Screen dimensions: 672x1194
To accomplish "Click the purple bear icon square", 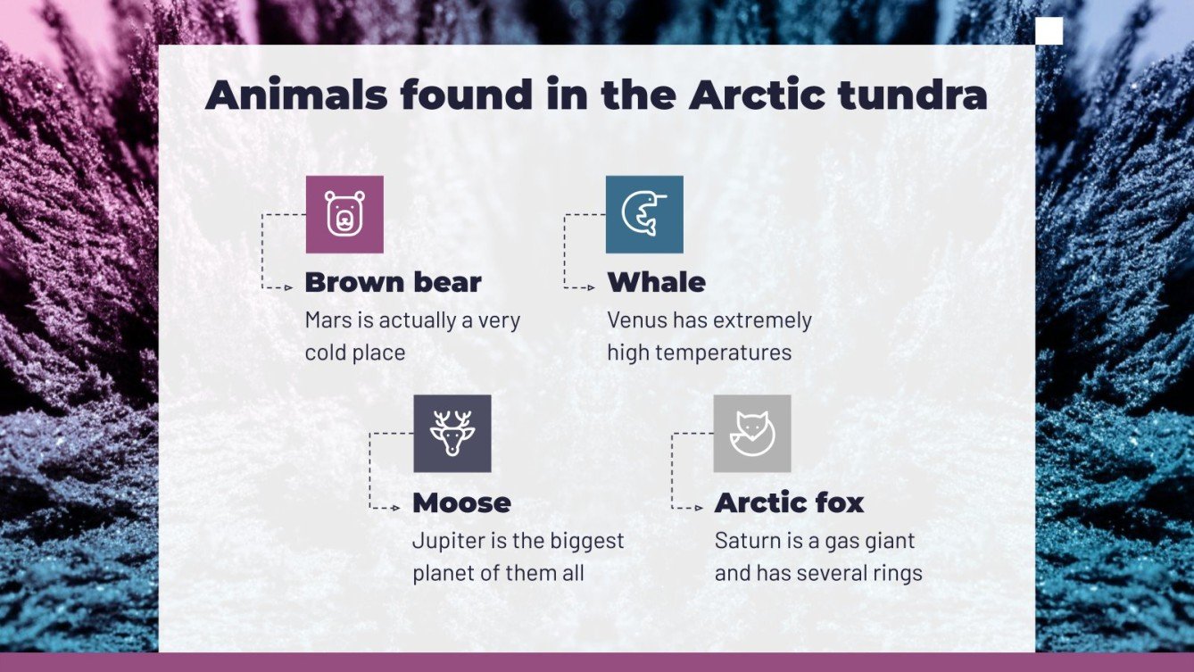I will pos(344,214).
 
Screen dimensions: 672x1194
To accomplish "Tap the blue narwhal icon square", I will pos(644,214).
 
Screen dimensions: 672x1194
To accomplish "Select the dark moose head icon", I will pos(452,433).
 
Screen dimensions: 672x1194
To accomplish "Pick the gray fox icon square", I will pos(752,433).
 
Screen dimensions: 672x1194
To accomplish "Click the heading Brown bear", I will pos(393,283).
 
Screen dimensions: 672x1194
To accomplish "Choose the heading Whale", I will pos(656,283).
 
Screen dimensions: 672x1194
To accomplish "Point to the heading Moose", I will pos(461,502).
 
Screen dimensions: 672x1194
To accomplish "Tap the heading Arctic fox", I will pos(789,502).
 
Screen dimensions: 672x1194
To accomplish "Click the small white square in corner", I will pos(1049,30).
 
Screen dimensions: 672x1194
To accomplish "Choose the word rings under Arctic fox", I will pos(897,573).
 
